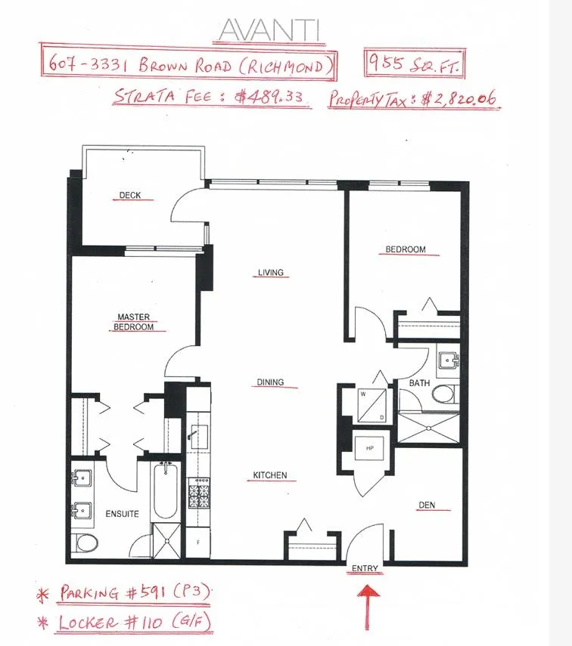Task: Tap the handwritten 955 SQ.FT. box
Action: tap(413, 66)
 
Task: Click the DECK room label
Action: tap(130, 196)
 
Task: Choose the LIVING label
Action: tap(270, 273)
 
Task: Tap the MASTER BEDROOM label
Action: tap(133, 322)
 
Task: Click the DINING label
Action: tap(270, 382)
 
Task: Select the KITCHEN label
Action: tap(270, 475)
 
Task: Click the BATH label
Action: tap(419, 383)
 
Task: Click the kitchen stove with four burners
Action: tap(198, 496)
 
